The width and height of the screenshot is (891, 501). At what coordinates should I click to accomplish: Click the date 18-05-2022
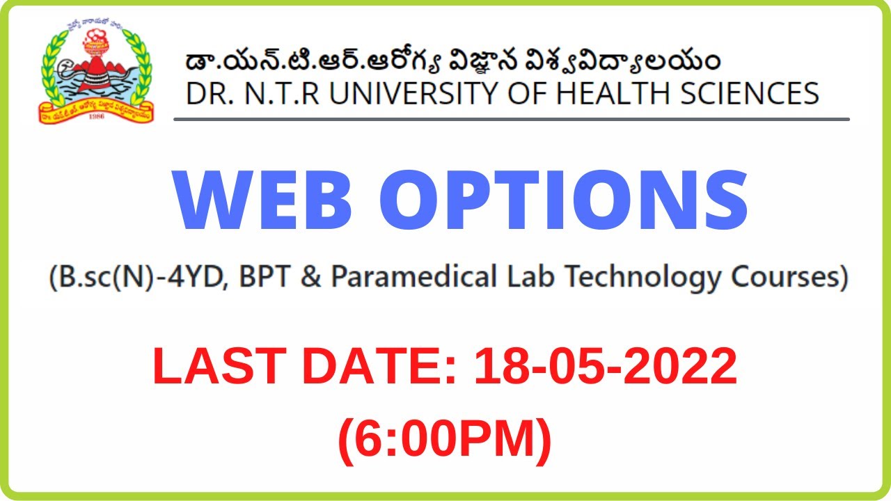[605, 367]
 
